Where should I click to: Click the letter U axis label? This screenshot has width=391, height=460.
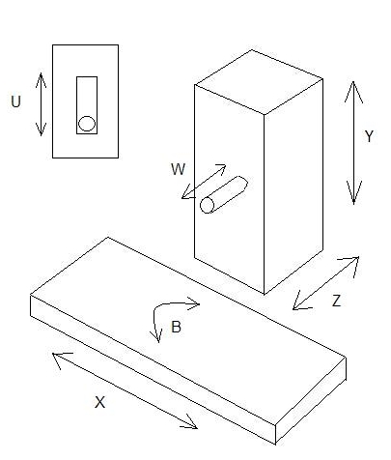click(x=15, y=101)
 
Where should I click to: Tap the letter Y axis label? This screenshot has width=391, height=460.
click(x=369, y=136)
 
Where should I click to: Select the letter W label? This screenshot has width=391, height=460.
click(x=179, y=169)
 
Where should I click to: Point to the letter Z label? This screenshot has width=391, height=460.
click(x=336, y=301)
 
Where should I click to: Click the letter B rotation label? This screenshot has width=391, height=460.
click(x=176, y=327)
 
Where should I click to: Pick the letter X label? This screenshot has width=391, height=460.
click(x=99, y=402)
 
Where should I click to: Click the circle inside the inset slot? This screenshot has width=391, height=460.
click(x=87, y=124)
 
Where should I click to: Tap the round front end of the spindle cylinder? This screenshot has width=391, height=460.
click(x=208, y=205)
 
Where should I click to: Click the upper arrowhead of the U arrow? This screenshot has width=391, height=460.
click(x=41, y=80)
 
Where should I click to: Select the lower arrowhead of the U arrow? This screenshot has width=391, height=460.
click(x=41, y=129)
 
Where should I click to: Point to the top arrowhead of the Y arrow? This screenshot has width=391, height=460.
click(x=353, y=92)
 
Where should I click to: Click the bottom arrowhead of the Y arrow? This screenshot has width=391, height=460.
click(x=354, y=192)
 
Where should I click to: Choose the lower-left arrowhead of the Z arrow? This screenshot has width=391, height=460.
click(x=300, y=302)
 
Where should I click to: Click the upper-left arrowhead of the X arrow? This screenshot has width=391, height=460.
click(x=60, y=359)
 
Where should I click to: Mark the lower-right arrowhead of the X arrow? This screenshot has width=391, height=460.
click(x=190, y=424)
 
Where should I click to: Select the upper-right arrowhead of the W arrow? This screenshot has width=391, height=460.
click(x=220, y=167)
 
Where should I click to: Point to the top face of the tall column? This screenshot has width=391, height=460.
click(x=259, y=82)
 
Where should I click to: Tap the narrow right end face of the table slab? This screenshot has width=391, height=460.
click(x=311, y=401)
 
